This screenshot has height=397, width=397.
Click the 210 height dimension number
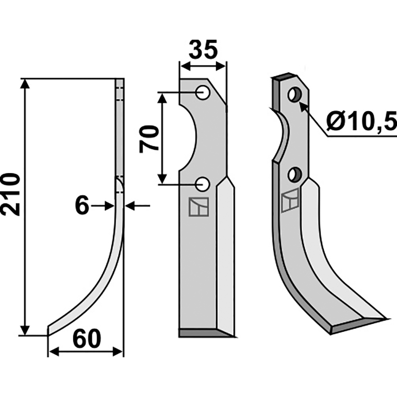point(10,194)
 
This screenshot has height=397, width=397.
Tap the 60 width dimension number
point(87,339)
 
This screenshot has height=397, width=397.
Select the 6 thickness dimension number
point(82,206)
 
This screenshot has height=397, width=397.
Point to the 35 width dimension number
point(203,50)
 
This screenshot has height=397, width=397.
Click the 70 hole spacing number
point(149,139)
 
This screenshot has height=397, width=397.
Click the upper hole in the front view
point(203,92)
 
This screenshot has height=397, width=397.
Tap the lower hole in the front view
point(202,184)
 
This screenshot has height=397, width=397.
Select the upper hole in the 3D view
point(295,95)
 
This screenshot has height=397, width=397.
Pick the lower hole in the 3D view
point(294,175)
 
